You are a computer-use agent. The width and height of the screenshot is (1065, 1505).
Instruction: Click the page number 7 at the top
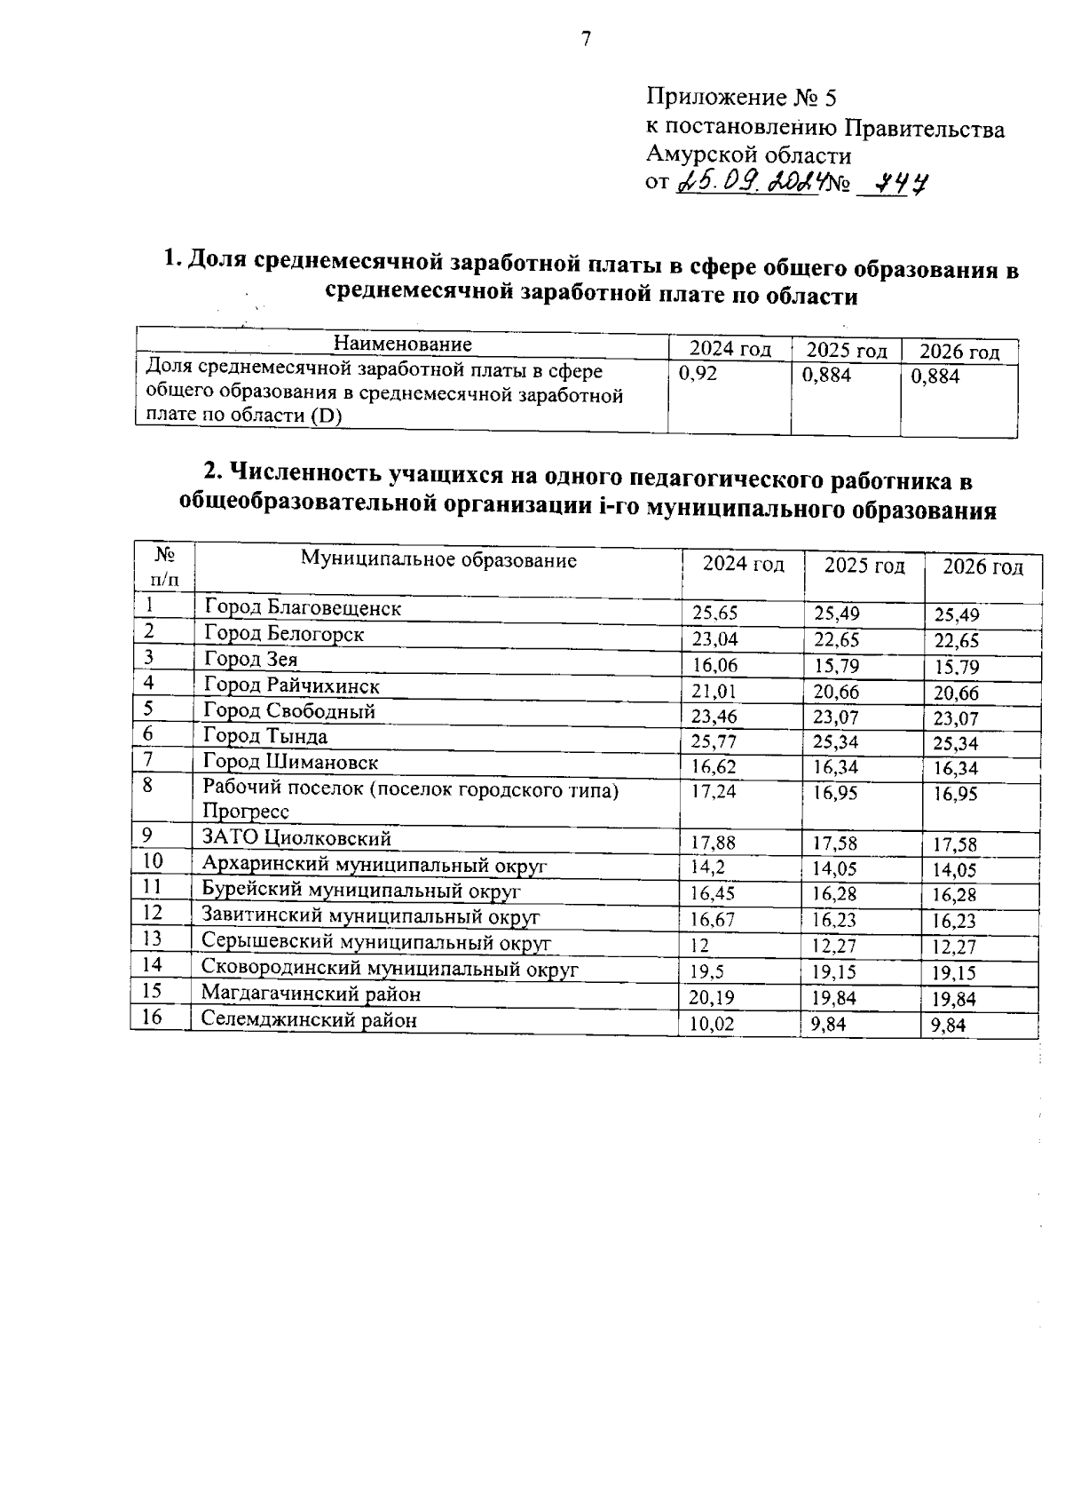pos(585,40)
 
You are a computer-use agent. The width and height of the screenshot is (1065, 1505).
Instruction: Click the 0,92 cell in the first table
pos(698,375)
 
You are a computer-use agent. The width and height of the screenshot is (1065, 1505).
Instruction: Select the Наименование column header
pos(402,345)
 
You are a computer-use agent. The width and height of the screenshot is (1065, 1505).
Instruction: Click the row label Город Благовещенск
pos(303,608)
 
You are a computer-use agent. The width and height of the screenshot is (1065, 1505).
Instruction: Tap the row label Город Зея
pos(251,659)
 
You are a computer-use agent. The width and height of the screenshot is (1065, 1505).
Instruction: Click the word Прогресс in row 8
pos(246,812)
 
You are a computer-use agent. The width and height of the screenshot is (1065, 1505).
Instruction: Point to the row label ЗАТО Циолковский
pos(296,838)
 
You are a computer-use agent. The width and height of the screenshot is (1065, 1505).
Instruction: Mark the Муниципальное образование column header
pos(438,560)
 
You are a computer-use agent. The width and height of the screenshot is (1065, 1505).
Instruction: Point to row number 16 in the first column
pos(152,1017)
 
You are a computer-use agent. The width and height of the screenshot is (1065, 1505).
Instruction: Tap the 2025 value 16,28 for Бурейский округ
pos(835,895)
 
